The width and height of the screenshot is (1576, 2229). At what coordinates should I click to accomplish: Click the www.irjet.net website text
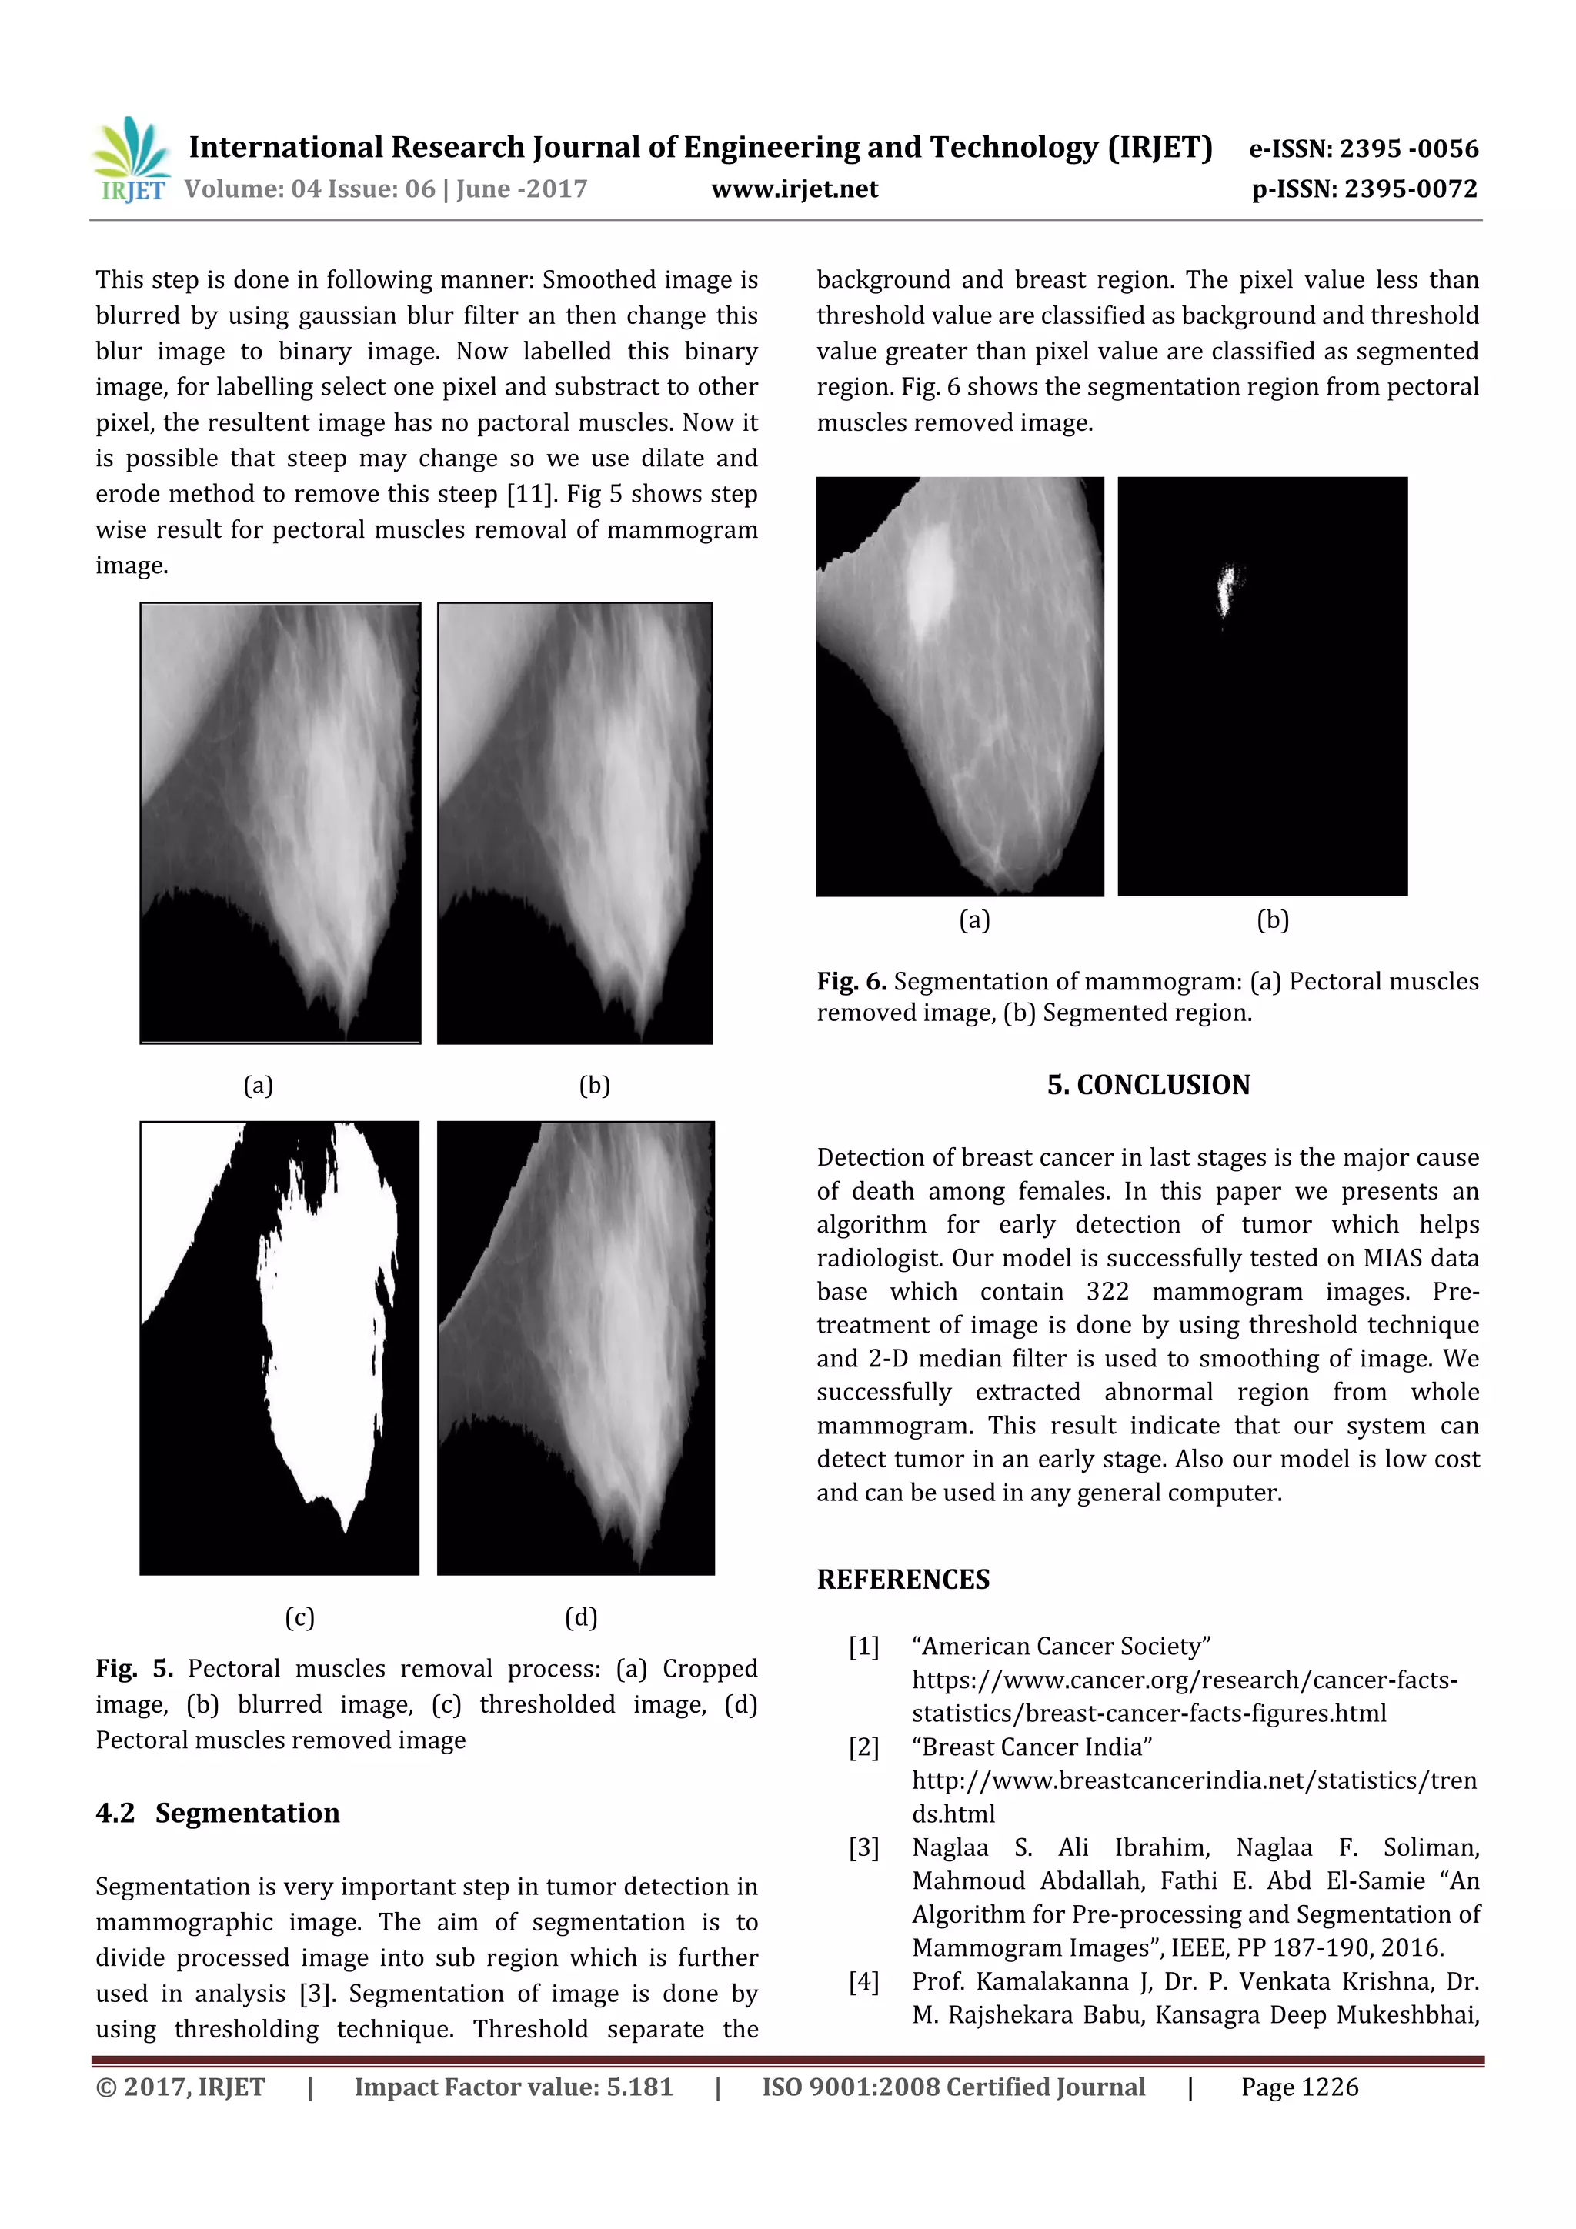pyautogui.click(x=794, y=189)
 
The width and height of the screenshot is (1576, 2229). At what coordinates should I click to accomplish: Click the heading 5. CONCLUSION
pyautogui.click(x=1148, y=1084)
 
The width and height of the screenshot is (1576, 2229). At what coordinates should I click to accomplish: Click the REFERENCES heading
pyautogui.click(x=903, y=1580)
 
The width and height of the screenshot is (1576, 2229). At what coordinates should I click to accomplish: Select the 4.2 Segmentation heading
pyautogui.click(x=218, y=1813)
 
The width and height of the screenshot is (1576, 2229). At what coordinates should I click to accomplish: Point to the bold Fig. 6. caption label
pyautogui.click(x=852, y=982)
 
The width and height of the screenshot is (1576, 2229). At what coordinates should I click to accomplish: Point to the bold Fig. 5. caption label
pyautogui.click(x=134, y=1668)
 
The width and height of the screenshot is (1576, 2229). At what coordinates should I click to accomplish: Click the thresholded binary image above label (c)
pyautogui.click(x=279, y=1347)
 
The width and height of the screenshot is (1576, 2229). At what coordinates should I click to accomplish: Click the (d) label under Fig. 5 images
pyautogui.click(x=581, y=1617)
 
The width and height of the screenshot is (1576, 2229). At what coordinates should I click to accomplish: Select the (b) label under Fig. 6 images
pyautogui.click(x=1272, y=919)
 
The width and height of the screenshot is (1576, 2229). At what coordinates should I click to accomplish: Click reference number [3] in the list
pyautogui.click(x=863, y=1847)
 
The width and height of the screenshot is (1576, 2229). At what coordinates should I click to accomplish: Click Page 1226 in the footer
pyautogui.click(x=1299, y=2087)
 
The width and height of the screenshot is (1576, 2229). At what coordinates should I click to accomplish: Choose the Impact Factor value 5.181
pyautogui.click(x=513, y=2087)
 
